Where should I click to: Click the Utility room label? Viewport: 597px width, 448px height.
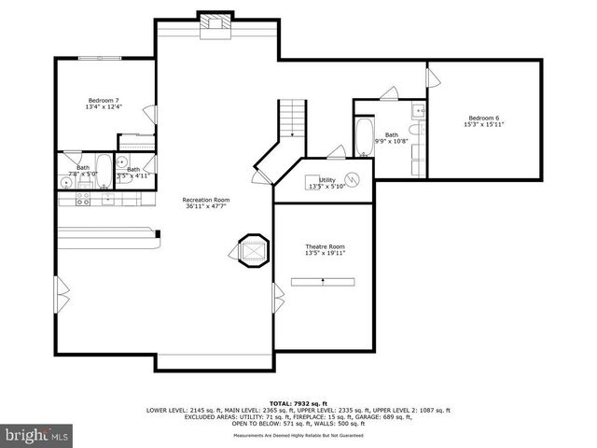tap(327, 182)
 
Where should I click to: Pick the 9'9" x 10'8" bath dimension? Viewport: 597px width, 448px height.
tap(392, 141)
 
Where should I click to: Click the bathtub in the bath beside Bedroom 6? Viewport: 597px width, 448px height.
tap(364, 136)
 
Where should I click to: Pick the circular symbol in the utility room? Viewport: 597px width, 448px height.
tap(353, 179)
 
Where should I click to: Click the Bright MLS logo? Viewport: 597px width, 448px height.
tap(35, 434)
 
